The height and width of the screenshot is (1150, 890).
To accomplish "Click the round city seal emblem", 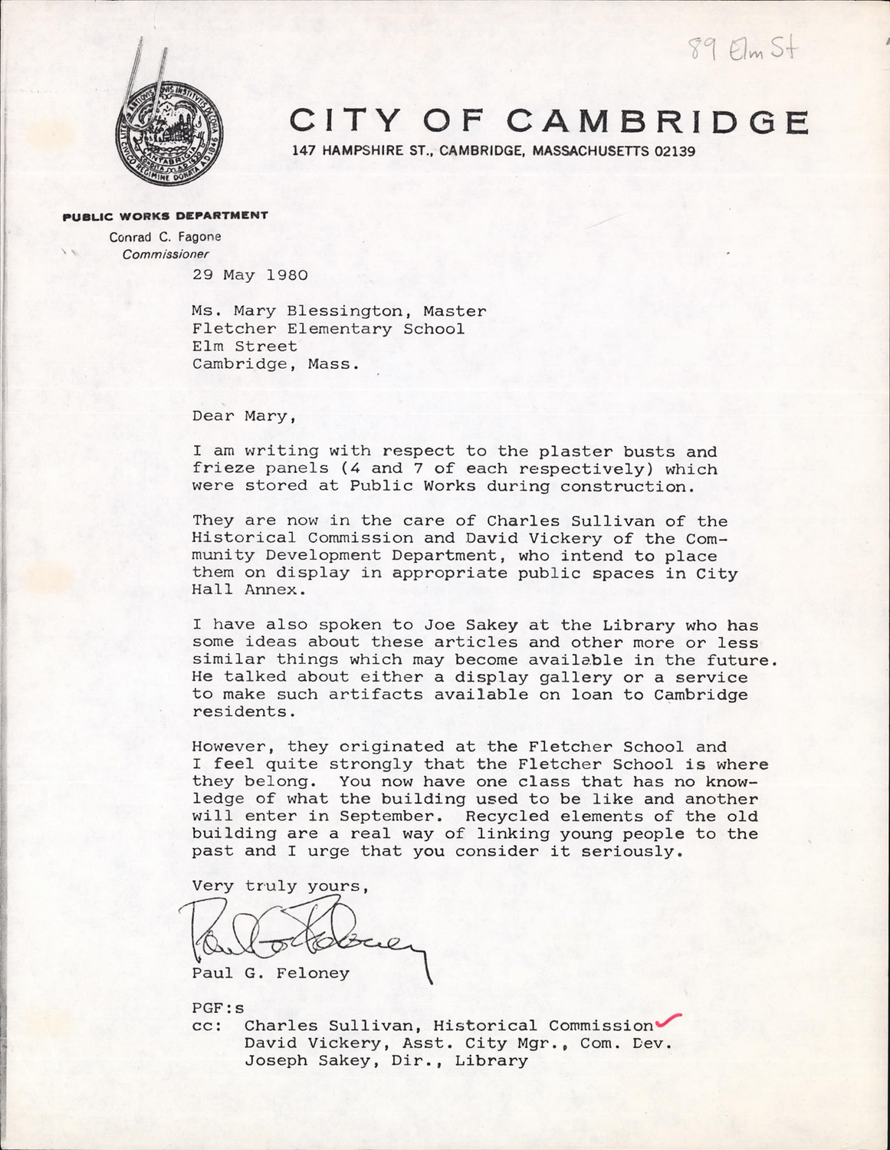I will (x=169, y=140).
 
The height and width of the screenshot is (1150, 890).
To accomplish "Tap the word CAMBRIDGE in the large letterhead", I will (x=658, y=122).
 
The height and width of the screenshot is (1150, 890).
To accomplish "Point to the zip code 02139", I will (x=675, y=152).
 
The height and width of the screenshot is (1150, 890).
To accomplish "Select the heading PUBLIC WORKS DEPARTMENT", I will (x=165, y=215).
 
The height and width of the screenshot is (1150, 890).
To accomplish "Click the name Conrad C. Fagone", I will (x=165, y=237).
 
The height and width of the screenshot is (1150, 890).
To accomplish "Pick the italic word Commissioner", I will (x=166, y=255).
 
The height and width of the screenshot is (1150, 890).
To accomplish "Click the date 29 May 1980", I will (x=250, y=274).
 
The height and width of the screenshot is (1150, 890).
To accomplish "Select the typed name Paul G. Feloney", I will (x=271, y=973).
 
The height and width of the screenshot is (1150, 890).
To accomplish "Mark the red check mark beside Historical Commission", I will (x=668, y=1020).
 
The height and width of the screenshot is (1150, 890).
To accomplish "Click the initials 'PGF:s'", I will (x=218, y=1008).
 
